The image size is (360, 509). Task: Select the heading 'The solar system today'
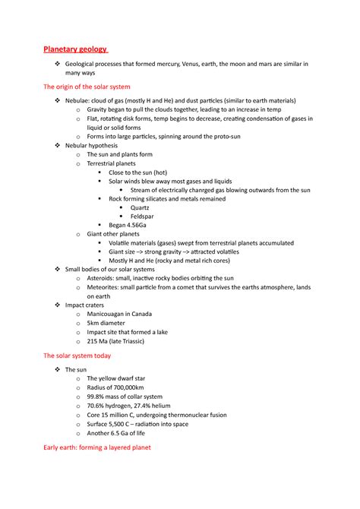(78, 355)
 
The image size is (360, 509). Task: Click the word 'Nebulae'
(79, 100)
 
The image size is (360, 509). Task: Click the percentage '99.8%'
(96, 397)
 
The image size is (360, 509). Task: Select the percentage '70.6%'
(96, 406)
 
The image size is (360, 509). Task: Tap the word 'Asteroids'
(103, 279)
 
